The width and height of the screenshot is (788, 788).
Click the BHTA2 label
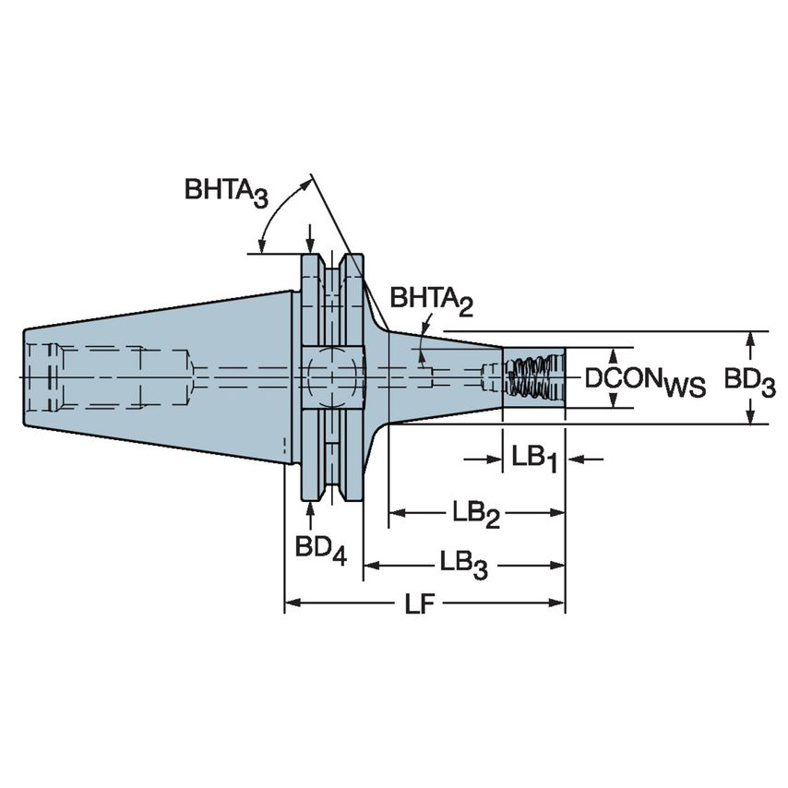(430, 301)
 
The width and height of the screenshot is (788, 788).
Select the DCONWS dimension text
(645, 381)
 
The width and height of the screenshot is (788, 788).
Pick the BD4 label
(320, 549)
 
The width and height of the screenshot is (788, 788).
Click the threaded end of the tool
(532, 377)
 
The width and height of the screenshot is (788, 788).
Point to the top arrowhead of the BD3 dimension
(751, 339)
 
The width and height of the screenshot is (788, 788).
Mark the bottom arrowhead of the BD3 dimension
(751, 416)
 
